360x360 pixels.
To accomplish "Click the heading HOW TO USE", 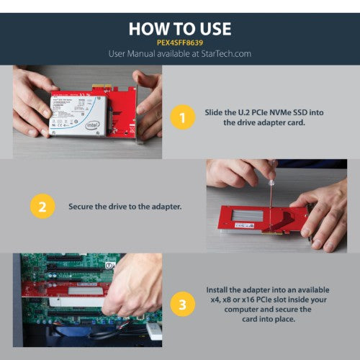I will pos(180,28).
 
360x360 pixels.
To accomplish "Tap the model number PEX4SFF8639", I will pos(180,42).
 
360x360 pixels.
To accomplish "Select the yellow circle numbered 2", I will pos(42,206).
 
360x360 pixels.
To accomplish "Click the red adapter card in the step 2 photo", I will pos(252,220).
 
